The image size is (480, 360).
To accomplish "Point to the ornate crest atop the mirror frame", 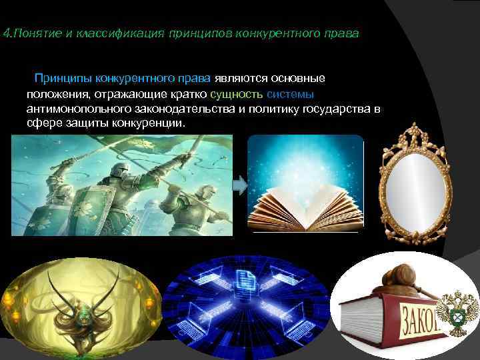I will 415,134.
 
